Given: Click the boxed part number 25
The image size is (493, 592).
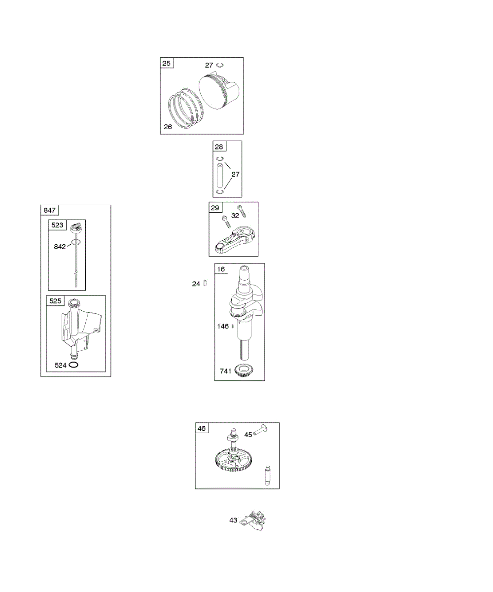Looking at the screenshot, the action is click(x=167, y=63).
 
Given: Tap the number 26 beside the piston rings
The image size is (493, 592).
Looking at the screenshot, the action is click(x=168, y=127).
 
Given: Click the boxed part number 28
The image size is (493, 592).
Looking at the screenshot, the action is click(x=219, y=147).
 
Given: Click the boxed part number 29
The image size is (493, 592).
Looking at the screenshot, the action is click(x=215, y=208).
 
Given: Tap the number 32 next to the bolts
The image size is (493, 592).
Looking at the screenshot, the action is click(x=235, y=216).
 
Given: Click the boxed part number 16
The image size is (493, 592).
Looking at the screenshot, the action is click(x=220, y=269).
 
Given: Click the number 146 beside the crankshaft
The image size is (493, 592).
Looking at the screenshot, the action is click(x=224, y=326).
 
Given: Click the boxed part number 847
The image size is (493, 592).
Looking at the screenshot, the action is click(x=49, y=211).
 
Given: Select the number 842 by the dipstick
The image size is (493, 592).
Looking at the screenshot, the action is click(x=60, y=247).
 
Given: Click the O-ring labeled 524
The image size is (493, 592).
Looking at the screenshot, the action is click(x=74, y=365).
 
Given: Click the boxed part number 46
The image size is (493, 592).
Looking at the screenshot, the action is click(x=202, y=428).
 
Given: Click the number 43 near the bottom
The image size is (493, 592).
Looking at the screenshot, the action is click(x=234, y=520).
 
